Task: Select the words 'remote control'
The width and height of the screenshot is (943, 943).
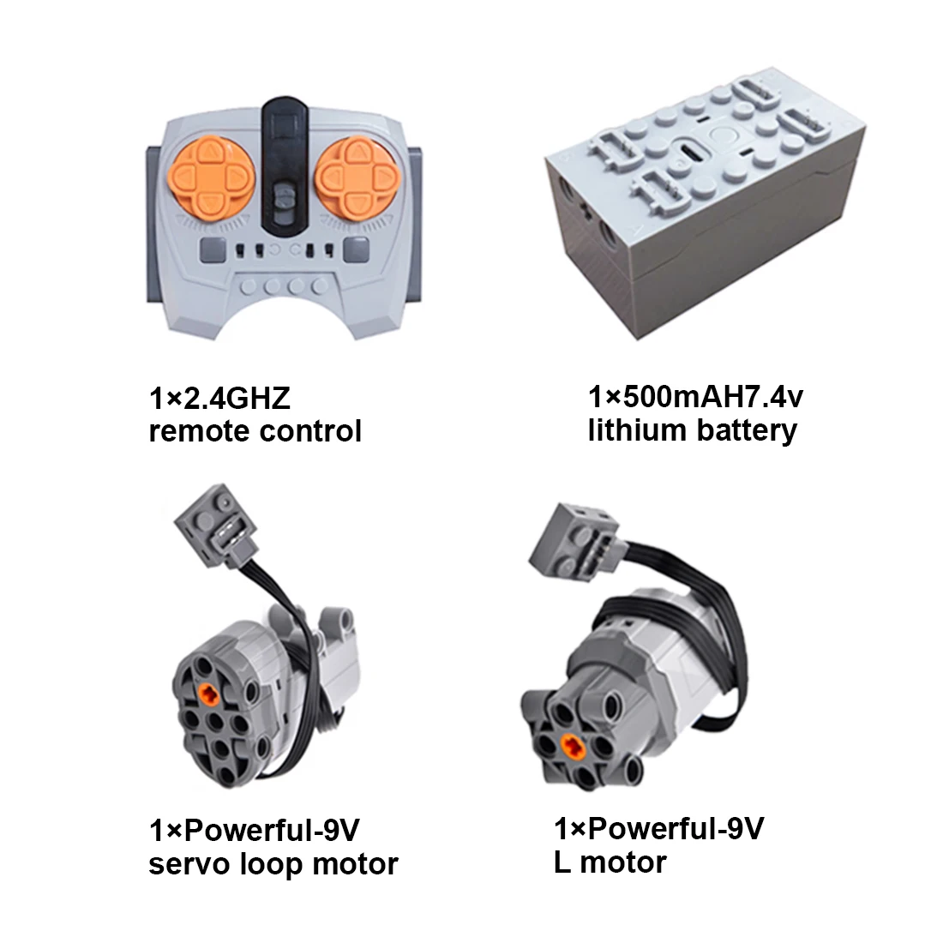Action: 255,429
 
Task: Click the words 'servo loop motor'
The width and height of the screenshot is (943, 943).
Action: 273,863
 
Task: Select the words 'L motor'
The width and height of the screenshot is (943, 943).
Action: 610,861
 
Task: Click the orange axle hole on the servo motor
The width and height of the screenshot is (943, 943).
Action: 206,694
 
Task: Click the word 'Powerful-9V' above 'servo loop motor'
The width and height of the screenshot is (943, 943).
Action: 272,831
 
